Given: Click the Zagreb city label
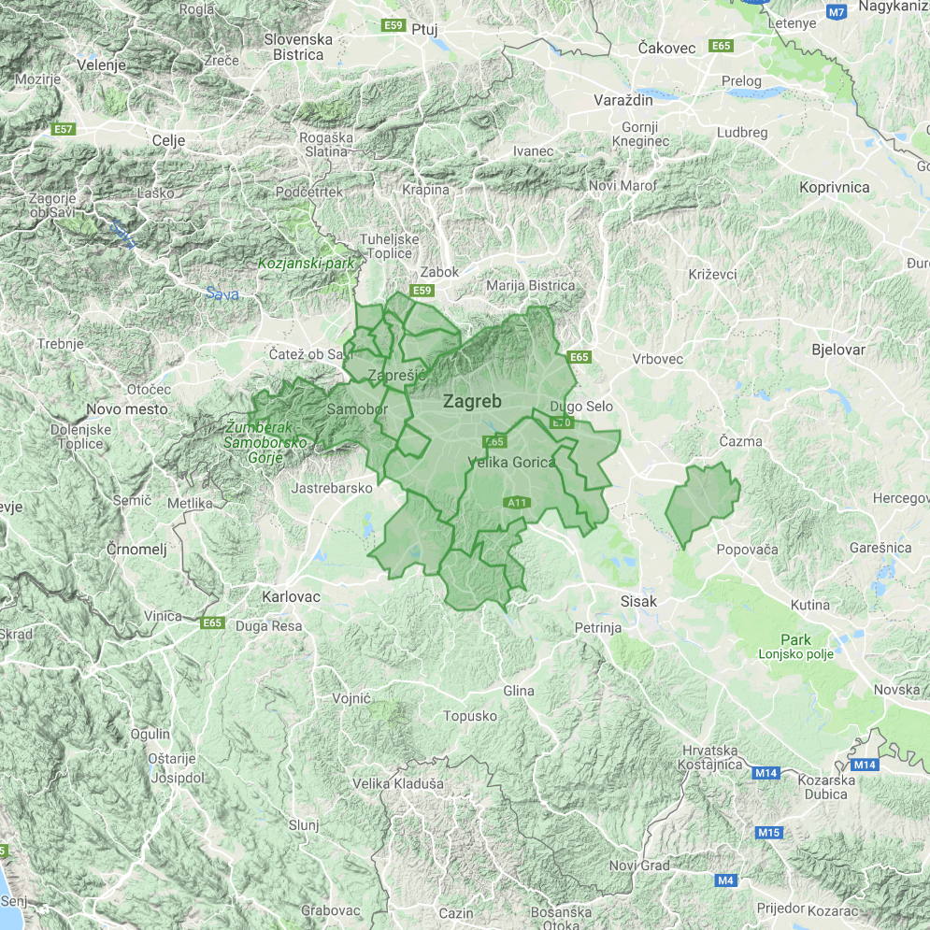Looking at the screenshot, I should (472, 402).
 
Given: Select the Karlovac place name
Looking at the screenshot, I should (292, 596).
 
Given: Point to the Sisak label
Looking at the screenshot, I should (639, 602).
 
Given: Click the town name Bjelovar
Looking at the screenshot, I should (838, 350).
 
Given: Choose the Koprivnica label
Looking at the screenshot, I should (835, 187).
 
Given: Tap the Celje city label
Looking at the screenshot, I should (168, 140).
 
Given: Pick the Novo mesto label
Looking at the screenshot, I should (127, 408).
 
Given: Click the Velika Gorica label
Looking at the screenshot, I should (510, 462).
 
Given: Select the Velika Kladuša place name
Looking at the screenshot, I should (398, 783).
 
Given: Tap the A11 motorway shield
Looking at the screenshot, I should (518, 503).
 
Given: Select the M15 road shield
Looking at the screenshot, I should (769, 832).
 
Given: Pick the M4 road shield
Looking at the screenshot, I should (726, 880).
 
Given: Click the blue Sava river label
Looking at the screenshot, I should (222, 295).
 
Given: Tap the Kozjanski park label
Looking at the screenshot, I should (307, 264).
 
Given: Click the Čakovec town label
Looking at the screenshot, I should (667, 48).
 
